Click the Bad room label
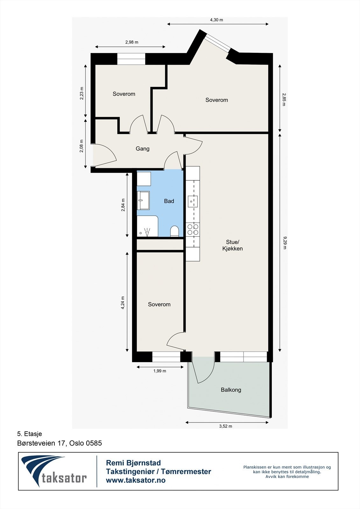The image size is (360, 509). pos(169,201)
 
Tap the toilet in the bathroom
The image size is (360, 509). pos(174,231)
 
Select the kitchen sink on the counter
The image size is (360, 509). pos(193,201)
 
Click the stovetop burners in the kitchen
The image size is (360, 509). pos(193,229)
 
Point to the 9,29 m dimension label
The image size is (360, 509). pos(285,242)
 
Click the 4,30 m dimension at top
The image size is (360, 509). pos(216,20)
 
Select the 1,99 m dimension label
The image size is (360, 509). pos(159,371)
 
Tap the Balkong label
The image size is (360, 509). pos(231,390)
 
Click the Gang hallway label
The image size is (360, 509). pos(142,149)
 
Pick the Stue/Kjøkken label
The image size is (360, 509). pos(232,245)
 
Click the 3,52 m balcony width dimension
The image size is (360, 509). pos(225,426)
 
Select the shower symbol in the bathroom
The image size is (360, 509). pos(147,231)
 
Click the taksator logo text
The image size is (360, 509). pos(64,478)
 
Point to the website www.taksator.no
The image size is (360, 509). pos(136,480)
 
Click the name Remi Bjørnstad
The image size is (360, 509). pos(133,463)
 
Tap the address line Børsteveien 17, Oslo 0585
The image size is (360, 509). pos(60,443)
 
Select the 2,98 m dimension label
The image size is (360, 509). pos(131,42)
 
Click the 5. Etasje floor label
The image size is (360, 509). pos(30,434)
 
